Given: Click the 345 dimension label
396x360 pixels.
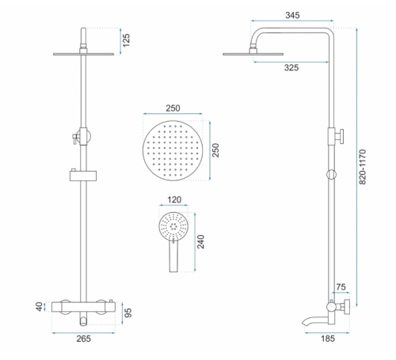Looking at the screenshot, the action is [292, 15].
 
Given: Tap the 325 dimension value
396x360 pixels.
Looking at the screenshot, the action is [291, 68].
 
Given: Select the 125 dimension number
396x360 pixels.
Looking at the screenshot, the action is [126, 40].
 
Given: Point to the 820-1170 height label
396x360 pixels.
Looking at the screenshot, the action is [363, 167].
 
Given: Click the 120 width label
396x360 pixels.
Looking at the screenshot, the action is [174, 199].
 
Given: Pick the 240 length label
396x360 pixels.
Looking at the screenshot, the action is [200, 241].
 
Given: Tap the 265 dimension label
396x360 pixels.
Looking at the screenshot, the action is [83, 339].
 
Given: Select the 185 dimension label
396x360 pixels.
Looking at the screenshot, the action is [328, 339].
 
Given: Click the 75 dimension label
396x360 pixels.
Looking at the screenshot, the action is [341, 287].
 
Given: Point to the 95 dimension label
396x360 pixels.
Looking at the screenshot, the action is [128, 313].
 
